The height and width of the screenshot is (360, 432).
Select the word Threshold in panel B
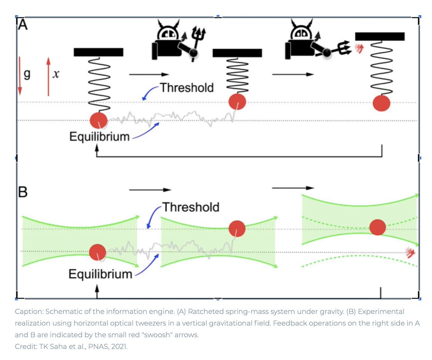coord(190,207)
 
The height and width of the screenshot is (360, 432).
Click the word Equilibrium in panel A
coord(99,137)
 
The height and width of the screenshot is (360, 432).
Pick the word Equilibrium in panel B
coord(100,274)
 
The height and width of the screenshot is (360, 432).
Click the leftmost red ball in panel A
coord(99,120)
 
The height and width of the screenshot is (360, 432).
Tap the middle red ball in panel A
coord(237,102)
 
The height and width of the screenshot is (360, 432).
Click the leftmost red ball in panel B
coord(98,251)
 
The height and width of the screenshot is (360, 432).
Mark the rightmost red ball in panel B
coord(378,227)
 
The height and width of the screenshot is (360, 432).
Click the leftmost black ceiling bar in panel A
coord(98,52)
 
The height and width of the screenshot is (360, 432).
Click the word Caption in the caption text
coord(27,311)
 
